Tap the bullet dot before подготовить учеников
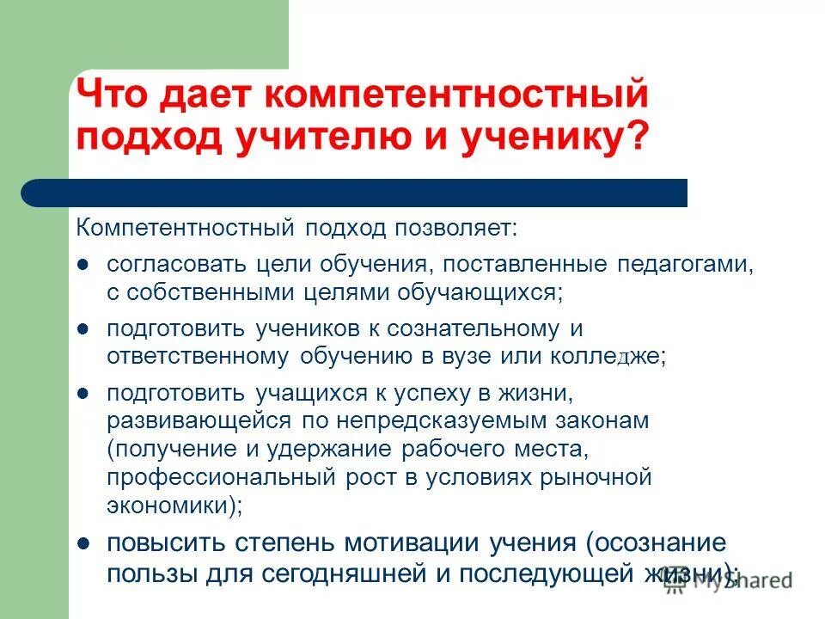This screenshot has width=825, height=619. tap(83, 328)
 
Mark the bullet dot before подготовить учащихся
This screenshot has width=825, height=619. tap(83, 393)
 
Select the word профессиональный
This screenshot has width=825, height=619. tap(214, 477)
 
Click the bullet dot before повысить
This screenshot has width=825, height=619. tap(83, 543)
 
